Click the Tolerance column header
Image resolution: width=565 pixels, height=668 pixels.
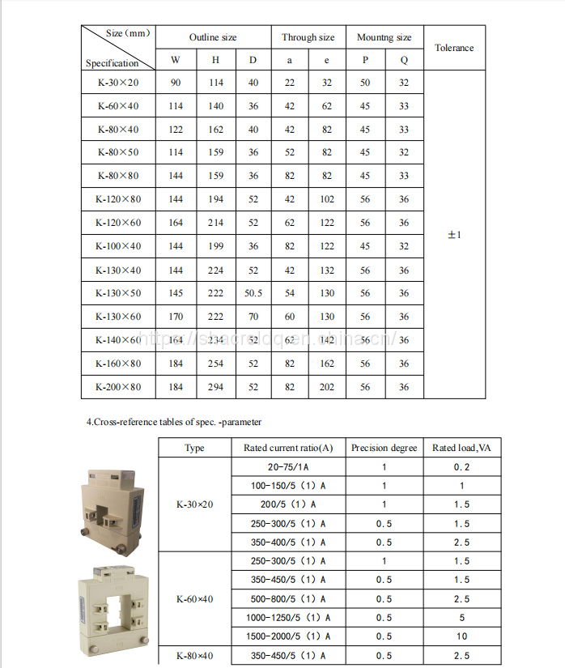pos(454,48)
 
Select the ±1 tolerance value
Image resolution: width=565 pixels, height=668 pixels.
pos(454,235)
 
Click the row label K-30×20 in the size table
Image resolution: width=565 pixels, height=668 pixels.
pos(118,83)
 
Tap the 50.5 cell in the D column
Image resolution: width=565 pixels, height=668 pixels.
pos(253,293)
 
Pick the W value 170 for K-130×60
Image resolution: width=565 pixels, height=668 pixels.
pos(176,317)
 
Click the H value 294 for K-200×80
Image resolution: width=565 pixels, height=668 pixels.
pos(216,387)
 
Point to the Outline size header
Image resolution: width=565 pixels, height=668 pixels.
pos(213,37)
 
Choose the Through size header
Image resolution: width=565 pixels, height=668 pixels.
pos(308,37)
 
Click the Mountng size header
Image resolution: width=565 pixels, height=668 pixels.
pos(384,37)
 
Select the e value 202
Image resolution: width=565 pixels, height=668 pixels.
pos(326,387)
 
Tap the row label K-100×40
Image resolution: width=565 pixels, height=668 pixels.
pos(118,246)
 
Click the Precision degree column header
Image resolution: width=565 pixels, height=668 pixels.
pos(384,448)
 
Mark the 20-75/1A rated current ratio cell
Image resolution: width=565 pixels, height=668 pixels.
pos(288,467)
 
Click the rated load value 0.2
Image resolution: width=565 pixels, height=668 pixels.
pos(461,467)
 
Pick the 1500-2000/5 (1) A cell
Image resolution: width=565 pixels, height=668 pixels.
pos(288,636)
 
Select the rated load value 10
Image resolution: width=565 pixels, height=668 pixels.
pos(461,636)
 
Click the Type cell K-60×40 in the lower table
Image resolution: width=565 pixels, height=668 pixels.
pos(194,599)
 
